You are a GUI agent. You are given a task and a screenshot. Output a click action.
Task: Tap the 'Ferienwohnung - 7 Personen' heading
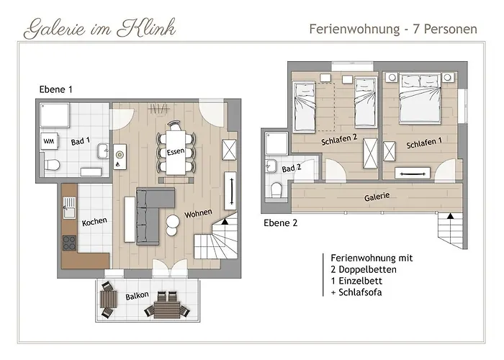[393, 30]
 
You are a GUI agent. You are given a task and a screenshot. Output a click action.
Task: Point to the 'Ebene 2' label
[280, 222]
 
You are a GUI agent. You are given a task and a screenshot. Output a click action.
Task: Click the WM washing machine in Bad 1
[50, 141]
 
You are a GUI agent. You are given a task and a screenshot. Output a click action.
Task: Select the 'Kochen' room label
[94, 222]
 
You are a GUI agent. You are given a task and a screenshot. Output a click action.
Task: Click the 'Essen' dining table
[175, 152]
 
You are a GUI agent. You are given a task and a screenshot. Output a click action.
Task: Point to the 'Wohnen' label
[198, 215]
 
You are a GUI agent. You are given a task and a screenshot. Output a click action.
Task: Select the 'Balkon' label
[137, 296]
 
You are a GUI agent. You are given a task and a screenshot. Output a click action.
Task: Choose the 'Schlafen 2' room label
[340, 142]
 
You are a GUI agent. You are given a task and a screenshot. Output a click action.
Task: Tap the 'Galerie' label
[377, 196]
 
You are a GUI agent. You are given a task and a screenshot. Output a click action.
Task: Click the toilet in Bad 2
[276, 189]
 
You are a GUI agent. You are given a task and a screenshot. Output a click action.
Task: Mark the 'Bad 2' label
[292, 168]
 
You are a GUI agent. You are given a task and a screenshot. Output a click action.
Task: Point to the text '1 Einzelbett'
[357, 281]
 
